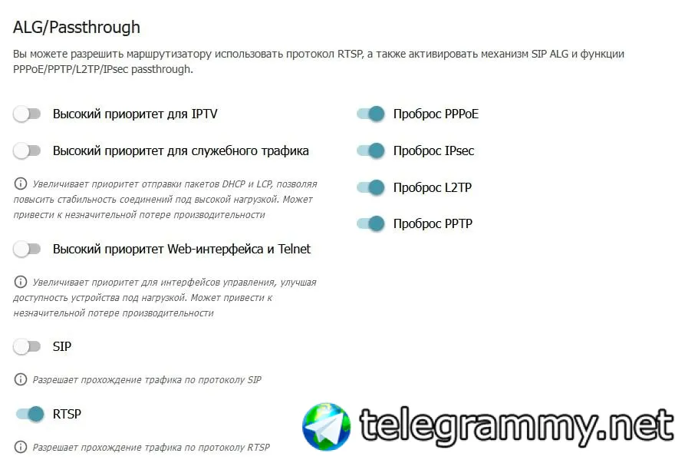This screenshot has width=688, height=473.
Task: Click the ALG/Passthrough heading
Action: [x=77, y=27]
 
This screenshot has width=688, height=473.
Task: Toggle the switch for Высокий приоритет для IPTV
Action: [x=27, y=114]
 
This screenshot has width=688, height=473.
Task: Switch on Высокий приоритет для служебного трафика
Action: [x=27, y=151]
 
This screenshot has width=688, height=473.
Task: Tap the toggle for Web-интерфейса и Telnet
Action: [x=27, y=249]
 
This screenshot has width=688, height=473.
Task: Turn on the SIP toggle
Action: [x=27, y=346]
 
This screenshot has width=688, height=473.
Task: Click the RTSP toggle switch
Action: [x=30, y=414]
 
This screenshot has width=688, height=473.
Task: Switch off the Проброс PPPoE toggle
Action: [x=370, y=114]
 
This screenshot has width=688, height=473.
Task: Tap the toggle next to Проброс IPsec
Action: [x=370, y=151]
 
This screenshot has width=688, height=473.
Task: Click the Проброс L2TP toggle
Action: [x=370, y=187]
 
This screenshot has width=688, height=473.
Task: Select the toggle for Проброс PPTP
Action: [x=370, y=223]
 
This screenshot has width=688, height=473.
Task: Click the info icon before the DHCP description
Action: [x=21, y=184]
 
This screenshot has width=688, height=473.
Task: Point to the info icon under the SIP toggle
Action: [x=21, y=379]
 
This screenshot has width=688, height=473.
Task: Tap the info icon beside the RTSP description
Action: [x=21, y=447]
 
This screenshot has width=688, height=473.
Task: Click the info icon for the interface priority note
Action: [x=21, y=282]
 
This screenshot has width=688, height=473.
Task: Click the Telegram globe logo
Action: [x=327, y=426]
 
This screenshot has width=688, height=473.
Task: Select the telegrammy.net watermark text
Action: [x=516, y=426]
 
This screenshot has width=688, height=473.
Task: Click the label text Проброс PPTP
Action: [x=433, y=223]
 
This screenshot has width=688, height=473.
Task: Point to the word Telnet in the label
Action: [x=294, y=249]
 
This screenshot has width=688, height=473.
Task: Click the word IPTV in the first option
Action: [x=205, y=114]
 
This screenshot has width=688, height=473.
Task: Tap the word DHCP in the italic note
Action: [x=233, y=184]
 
